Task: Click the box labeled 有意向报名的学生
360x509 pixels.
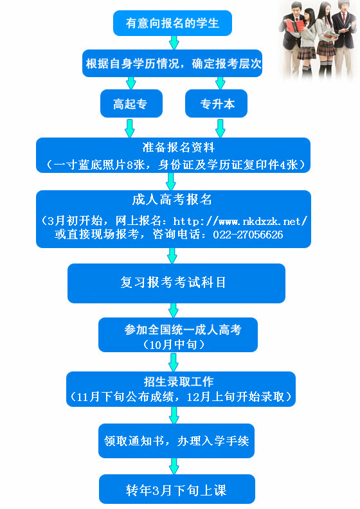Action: coord(172,23)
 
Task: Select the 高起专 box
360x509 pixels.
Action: coord(131,103)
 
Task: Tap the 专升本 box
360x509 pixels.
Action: coord(216,103)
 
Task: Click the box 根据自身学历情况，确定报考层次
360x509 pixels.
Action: coord(172,63)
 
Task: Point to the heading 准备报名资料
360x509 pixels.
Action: coord(179,147)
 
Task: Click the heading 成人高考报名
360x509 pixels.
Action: coord(172,199)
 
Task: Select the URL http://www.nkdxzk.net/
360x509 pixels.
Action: coord(240,221)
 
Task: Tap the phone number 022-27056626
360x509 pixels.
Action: coord(248,235)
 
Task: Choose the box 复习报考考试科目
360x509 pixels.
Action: coord(176,283)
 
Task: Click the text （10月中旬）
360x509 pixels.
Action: coord(174,344)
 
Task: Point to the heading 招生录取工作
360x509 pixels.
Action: coord(179,381)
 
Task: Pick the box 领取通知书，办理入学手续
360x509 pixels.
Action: coord(176,440)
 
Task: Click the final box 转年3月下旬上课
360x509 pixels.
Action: coord(177,489)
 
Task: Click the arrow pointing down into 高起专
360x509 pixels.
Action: coord(130,83)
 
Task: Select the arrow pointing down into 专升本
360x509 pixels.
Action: coord(220,83)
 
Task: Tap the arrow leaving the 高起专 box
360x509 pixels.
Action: coord(129,128)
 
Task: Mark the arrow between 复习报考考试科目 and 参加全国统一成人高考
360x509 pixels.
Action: coord(174,310)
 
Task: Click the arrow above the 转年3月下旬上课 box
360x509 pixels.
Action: coord(174,467)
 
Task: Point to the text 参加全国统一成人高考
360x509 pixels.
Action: coord(183,330)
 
